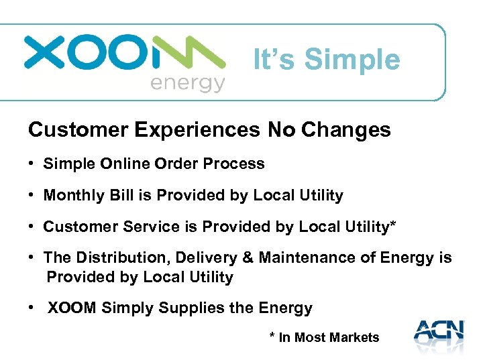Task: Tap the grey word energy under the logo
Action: [x=187, y=84]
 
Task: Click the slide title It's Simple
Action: [x=327, y=60]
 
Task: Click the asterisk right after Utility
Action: [x=392, y=225]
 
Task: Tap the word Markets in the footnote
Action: [x=353, y=338]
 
